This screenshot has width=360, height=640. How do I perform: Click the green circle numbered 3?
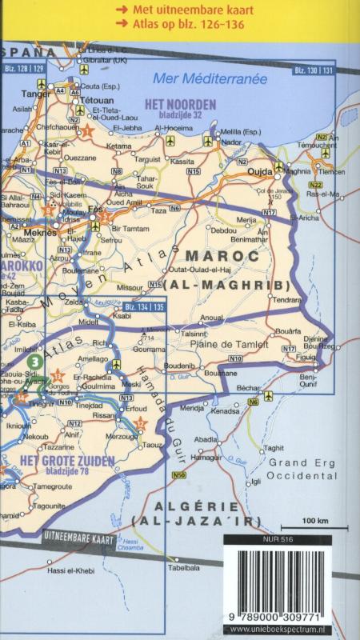[x=34, y=362]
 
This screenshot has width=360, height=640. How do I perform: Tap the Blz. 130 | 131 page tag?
[x=314, y=72]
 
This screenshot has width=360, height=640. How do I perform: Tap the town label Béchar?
[x=248, y=386]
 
